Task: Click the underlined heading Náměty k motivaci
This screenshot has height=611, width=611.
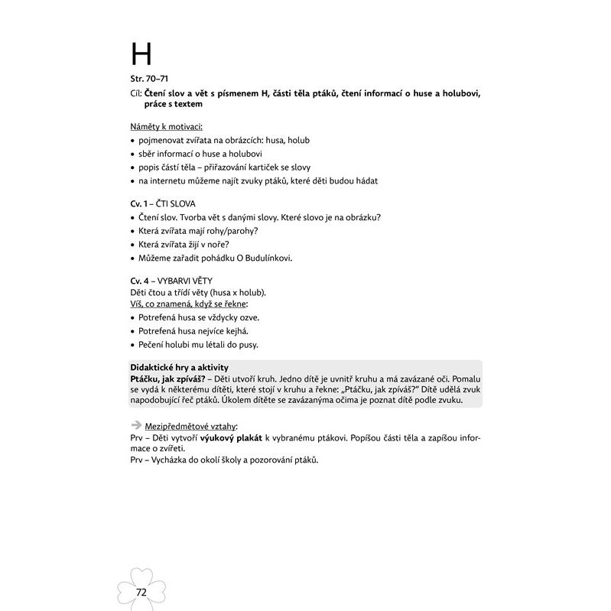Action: tap(166, 125)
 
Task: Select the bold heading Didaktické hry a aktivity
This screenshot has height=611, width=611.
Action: tap(180, 368)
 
